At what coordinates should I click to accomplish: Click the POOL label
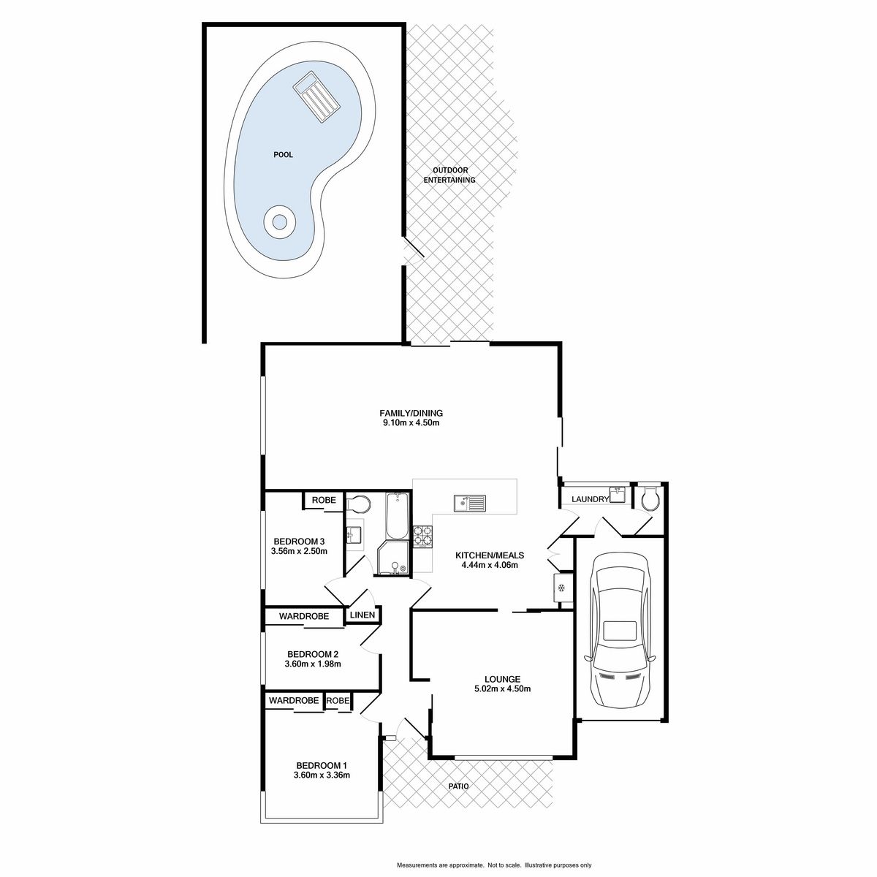pos(283,155)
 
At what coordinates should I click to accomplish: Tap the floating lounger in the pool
pos(316,97)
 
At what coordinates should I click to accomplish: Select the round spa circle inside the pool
pos(279,222)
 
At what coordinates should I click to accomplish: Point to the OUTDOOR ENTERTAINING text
pos(449,175)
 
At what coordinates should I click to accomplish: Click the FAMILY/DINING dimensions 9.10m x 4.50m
pos(411,423)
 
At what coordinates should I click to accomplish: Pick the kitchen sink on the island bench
pos(470,503)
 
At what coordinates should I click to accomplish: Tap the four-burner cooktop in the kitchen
pos(423,536)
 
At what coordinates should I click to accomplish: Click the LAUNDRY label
pos(590,499)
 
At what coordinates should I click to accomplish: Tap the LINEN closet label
pos(362,615)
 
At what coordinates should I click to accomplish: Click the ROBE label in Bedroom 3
pos(324,500)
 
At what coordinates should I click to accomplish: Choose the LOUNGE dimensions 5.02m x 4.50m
pos(502,688)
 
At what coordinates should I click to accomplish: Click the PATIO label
pos(458,786)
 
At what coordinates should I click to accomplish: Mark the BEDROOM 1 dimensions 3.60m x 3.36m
pos(322,775)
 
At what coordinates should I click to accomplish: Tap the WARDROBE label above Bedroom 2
pos(303,616)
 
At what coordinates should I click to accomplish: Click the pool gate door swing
pos(413,251)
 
